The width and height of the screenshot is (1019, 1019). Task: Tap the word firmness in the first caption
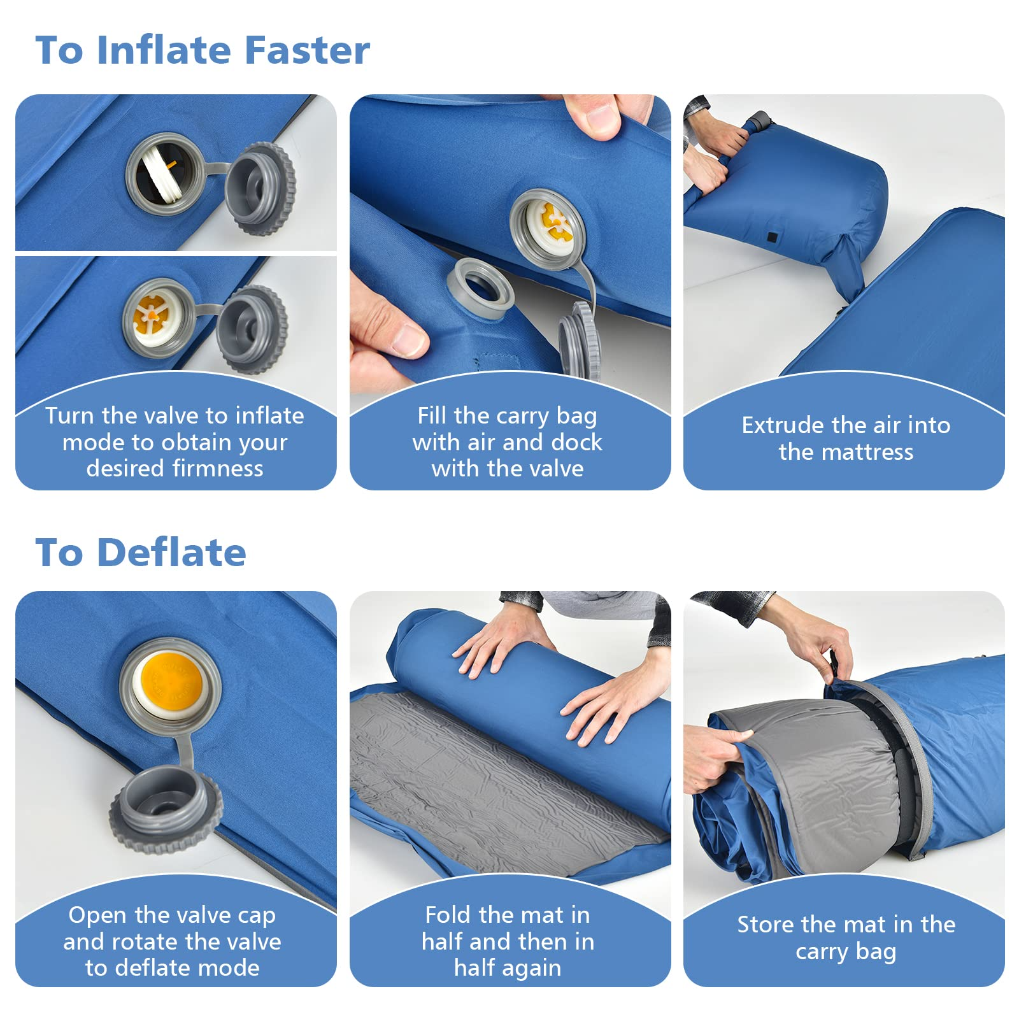(218, 469)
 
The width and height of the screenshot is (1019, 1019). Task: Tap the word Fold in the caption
(448, 915)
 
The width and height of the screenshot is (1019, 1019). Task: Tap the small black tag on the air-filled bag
(772, 238)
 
